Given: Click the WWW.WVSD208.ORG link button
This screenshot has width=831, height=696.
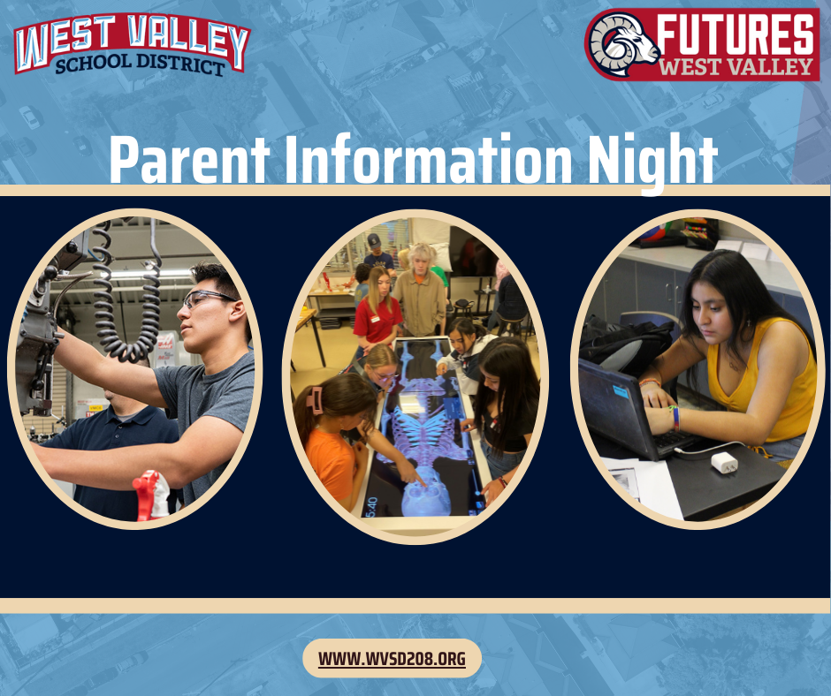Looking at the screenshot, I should (x=392, y=659).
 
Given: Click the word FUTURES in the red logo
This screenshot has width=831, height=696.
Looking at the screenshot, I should (x=737, y=34).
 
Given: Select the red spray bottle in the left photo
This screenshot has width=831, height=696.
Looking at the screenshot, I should (x=151, y=496).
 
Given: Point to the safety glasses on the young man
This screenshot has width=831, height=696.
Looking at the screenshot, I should (x=208, y=299).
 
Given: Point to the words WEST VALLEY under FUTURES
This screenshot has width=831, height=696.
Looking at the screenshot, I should (x=737, y=66).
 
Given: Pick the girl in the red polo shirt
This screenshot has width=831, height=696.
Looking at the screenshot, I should (x=377, y=313).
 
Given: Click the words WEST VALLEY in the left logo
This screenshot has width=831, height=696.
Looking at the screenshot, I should (x=133, y=40).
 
